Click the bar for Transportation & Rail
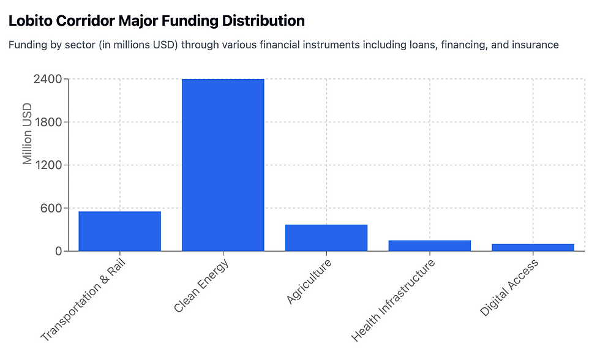click(x=119, y=231)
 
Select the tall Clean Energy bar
click(x=223, y=165)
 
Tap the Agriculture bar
click(x=326, y=238)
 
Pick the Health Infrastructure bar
click(x=429, y=246)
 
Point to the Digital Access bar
click(x=533, y=247)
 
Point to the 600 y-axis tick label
click(x=51, y=208)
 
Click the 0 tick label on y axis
click(x=59, y=251)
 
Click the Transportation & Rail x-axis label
click(x=83, y=300)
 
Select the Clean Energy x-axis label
click(x=201, y=285)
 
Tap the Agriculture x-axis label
click(x=309, y=281)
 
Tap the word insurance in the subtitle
click(x=534, y=45)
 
